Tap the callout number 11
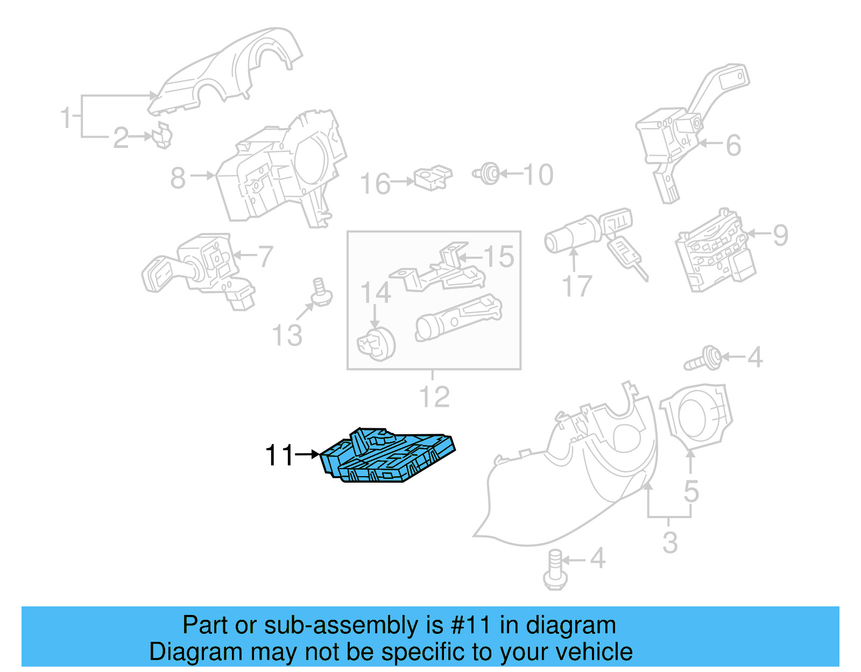[x=280, y=455]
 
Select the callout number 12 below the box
[x=434, y=398]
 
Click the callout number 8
[x=178, y=178]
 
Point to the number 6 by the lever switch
[x=733, y=145]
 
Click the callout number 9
[x=780, y=235]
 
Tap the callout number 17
[x=577, y=286]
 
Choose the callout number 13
[x=287, y=336]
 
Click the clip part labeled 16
[x=433, y=178]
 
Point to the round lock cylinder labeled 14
[x=376, y=344]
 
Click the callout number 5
[x=691, y=492]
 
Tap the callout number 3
[x=669, y=542]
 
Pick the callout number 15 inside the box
[x=499, y=257]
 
